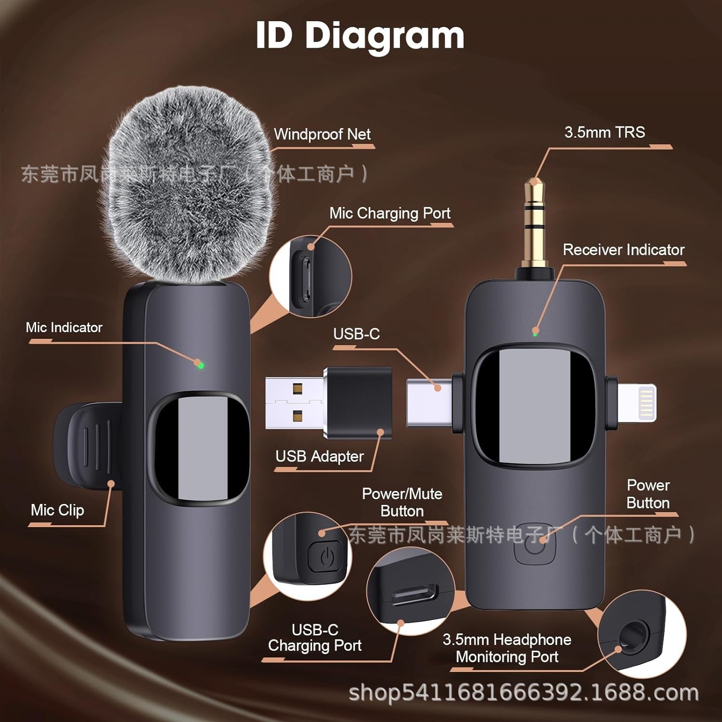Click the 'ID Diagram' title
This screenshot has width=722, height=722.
point(360,36)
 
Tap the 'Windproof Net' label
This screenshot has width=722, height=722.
point(322,134)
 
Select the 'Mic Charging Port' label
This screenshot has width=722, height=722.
point(390,213)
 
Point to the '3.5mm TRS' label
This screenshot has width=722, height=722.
point(605,132)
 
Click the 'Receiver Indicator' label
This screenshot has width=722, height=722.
point(623,250)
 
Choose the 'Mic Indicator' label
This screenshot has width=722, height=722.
point(64,328)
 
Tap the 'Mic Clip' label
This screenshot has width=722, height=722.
point(57,510)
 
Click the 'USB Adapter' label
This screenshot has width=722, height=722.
point(319,456)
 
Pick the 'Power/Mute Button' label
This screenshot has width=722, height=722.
point(402,503)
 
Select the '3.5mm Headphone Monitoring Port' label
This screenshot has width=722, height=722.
point(507,648)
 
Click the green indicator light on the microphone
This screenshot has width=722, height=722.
point(201,365)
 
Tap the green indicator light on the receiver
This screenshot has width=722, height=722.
point(535,333)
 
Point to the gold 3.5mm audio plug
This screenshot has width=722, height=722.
point(535,221)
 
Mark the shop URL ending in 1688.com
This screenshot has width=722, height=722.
point(523,693)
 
